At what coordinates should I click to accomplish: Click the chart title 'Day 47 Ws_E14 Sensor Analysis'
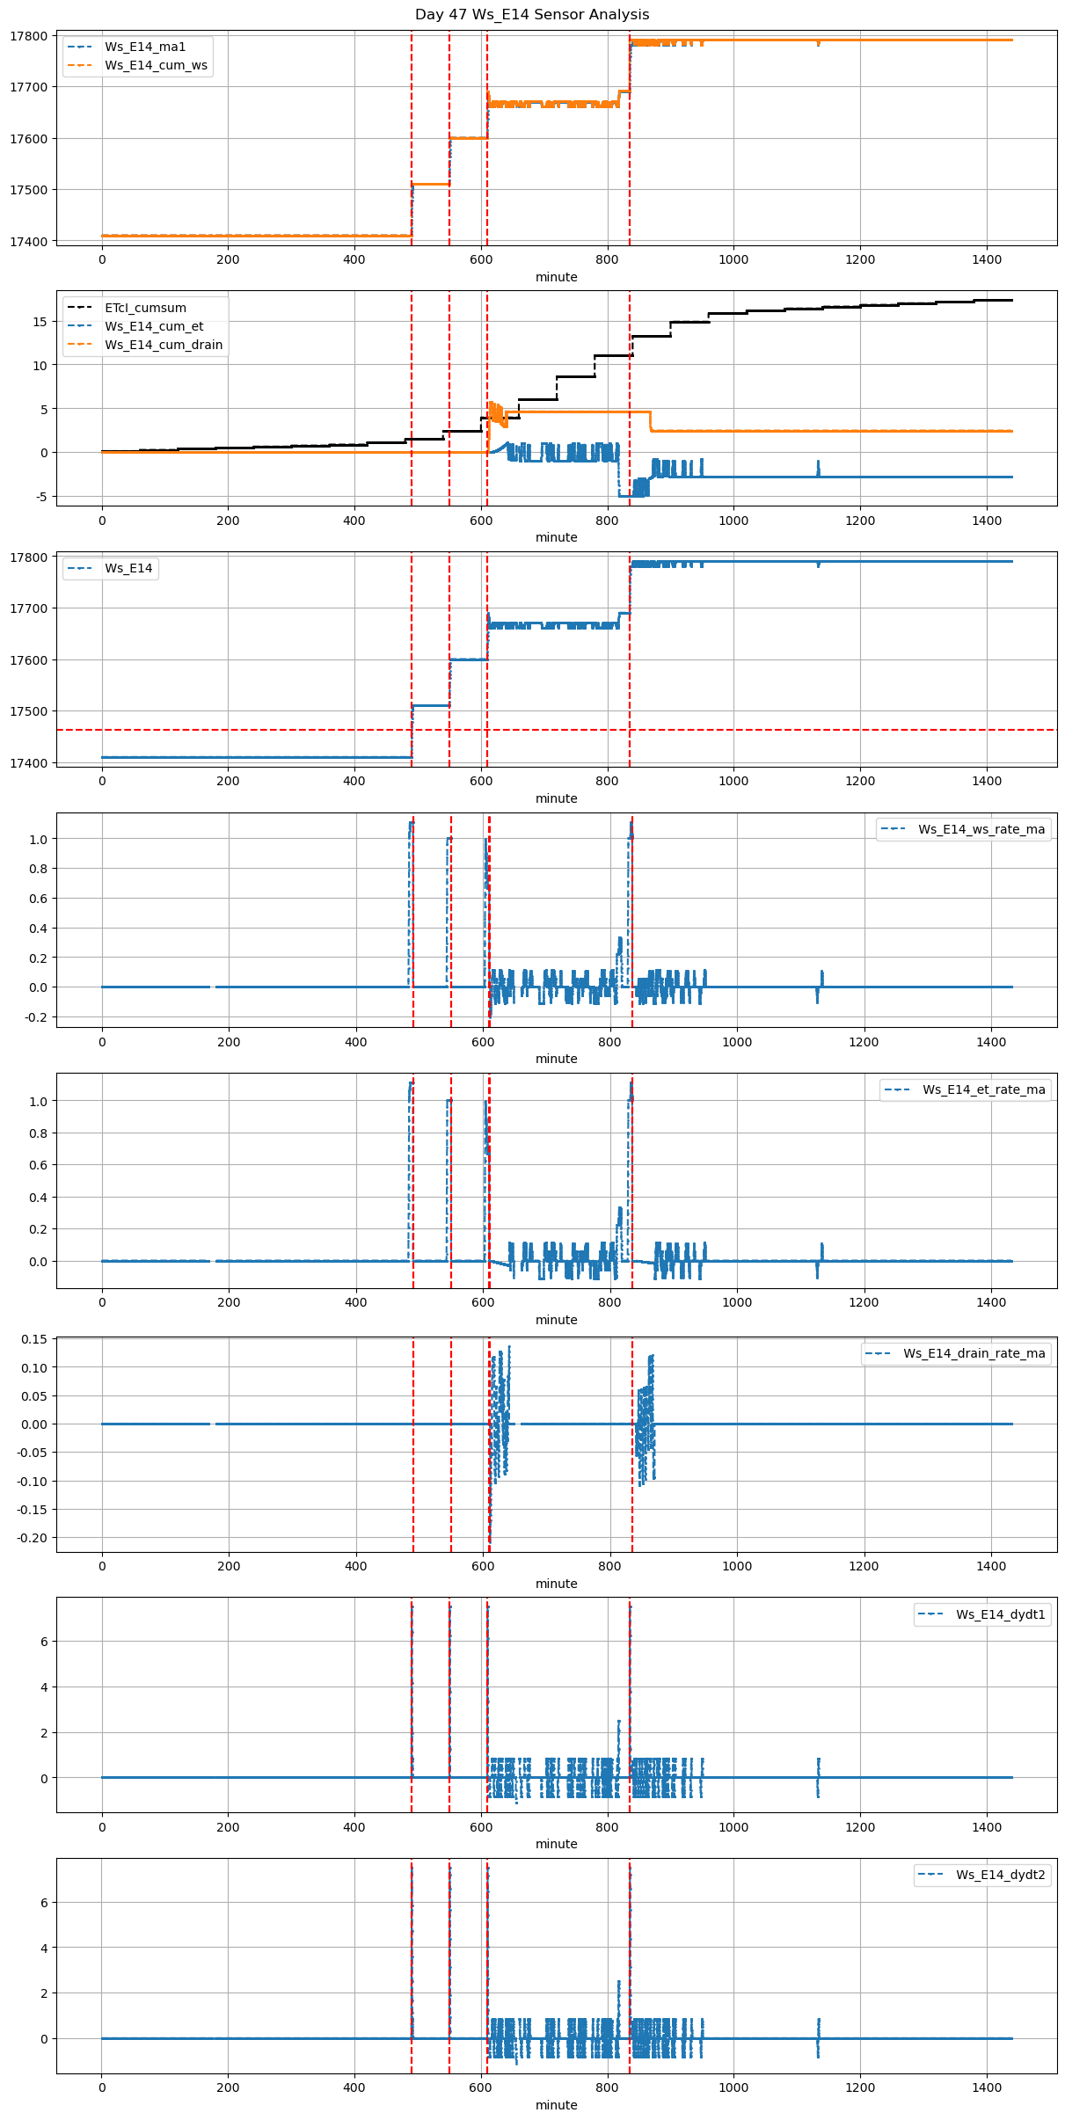tap(532, 15)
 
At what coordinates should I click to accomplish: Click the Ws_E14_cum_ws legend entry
tap(156, 65)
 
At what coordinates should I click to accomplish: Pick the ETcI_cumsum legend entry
tap(145, 308)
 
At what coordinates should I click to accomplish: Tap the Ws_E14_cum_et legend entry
tap(154, 326)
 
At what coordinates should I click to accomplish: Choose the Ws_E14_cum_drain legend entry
tap(164, 345)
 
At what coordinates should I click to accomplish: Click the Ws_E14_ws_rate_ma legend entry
tap(981, 829)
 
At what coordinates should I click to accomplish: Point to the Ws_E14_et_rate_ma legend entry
tap(983, 1089)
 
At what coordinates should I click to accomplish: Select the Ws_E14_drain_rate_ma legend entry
tap(974, 1353)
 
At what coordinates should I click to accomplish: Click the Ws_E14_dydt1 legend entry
tap(1000, 1614)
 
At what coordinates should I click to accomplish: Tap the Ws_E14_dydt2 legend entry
tap(1000, 1875)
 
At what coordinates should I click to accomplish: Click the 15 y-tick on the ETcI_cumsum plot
tap(40, 322)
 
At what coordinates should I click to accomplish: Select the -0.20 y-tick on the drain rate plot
tap(33, 1537)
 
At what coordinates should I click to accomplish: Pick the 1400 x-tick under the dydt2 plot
tap(987, 2087)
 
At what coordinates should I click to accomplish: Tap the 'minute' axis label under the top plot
tap(557, 277)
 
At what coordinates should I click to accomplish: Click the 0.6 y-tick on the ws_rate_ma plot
tap(37, 898)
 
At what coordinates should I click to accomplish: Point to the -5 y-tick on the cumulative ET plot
tap(40, 497)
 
